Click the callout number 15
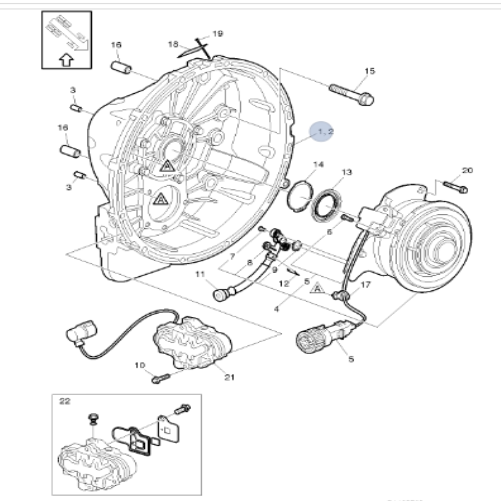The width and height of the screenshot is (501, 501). (370, 71)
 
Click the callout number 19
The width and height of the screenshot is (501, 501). (218, 34)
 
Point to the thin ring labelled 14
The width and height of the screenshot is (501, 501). (300, 196)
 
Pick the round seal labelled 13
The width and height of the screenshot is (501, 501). (326, 205)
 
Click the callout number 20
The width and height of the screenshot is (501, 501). (467, 170)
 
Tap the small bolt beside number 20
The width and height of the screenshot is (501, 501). (456, 187)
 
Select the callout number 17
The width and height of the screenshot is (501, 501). (366, 285)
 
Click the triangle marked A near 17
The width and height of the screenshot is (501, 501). (318, 288)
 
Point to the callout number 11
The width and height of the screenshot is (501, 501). (200, 274)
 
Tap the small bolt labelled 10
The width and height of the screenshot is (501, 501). (161, 379)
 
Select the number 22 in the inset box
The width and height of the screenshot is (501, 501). (65, 401)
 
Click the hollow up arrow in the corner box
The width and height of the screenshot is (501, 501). (66, 60)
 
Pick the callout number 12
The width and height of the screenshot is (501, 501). (284, 284)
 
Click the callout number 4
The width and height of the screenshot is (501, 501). (276, 309)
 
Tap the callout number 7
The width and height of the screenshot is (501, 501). (232, 257)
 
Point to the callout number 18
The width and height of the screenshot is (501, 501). (173, 44)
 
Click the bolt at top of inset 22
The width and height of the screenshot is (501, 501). (182, 409)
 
